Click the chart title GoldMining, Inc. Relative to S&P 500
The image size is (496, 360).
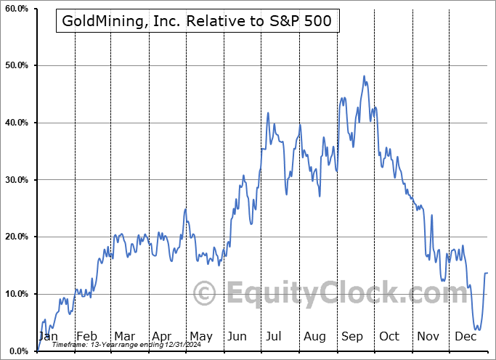tap(197, 21)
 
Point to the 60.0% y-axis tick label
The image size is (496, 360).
tap(15, 9)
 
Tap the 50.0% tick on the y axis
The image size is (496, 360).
tap(15, 66)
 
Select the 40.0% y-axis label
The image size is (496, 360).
tap(15, 123)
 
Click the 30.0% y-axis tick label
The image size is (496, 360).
tap(15, 180)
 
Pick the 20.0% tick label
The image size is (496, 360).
tap(15, 237)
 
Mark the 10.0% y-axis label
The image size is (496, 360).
tap(15, 294)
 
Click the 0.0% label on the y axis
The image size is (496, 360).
tap(17, 351)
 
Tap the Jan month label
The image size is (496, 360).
tap(47, 336)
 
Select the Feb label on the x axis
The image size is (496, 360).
tap(86, 336)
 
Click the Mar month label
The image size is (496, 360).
tap(124, 336)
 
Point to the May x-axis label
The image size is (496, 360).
tap(200, 336)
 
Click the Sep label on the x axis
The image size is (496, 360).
tap(352, 336)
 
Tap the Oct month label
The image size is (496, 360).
tap(390, 336)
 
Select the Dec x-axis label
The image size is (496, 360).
tap(465, 336)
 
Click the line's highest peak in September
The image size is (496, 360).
tap(364, 75)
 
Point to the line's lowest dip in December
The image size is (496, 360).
tap(477, 330)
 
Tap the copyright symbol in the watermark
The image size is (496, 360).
tap(205, 294)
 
